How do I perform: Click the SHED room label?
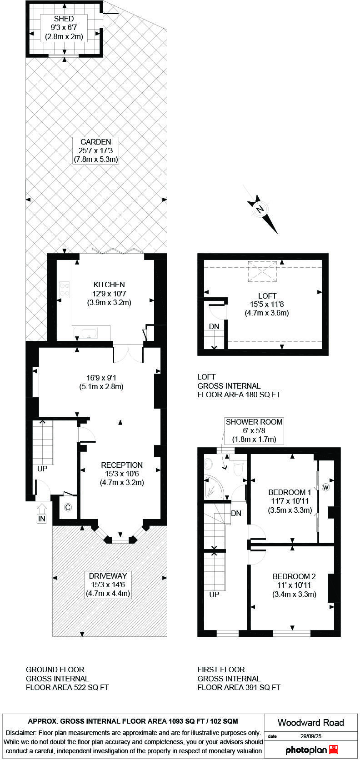click(x=64, y=19)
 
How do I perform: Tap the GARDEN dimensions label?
click(x=95, y=150)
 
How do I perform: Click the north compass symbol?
click(x=262, y=211)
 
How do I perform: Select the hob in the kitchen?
click(x=65, y=290)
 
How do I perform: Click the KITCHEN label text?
click(x=109, y=285)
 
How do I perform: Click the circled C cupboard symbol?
click(x=68, y=507)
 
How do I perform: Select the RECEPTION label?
click(x=122, y=465)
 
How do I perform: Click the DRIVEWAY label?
click(x=108, y=576)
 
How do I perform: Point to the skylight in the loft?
click(x=262, y=271)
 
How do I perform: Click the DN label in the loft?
click(x=214, y=326)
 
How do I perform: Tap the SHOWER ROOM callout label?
click(x=254, y=422)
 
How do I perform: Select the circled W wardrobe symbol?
click(x=325, y=487)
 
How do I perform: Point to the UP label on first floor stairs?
click(x=214, y=595)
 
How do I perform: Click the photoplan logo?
click(x=311, y=750)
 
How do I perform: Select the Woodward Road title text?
click(x=311, y=722)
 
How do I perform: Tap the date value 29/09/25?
click(x=310, y=736)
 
